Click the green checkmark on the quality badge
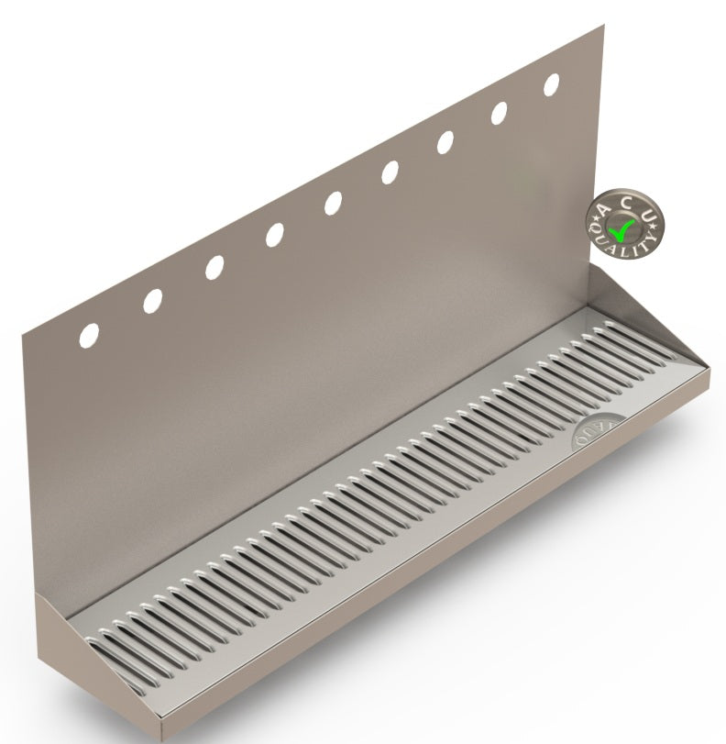click(x=623, y=225)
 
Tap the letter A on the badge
click(x=604, y=212)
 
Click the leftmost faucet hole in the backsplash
click(x=89, y=335)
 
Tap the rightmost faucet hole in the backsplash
click(x=552, y=84)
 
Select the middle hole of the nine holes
click(x=333, y=203)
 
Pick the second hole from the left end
click(x=153, y=300)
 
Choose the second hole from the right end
click(x=500, y=113)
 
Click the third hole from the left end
click(x=214, y=267)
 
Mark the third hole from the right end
click(x=445, y=142)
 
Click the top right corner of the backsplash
click(x=603, y=27)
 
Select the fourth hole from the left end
click(x=274, y=235)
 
